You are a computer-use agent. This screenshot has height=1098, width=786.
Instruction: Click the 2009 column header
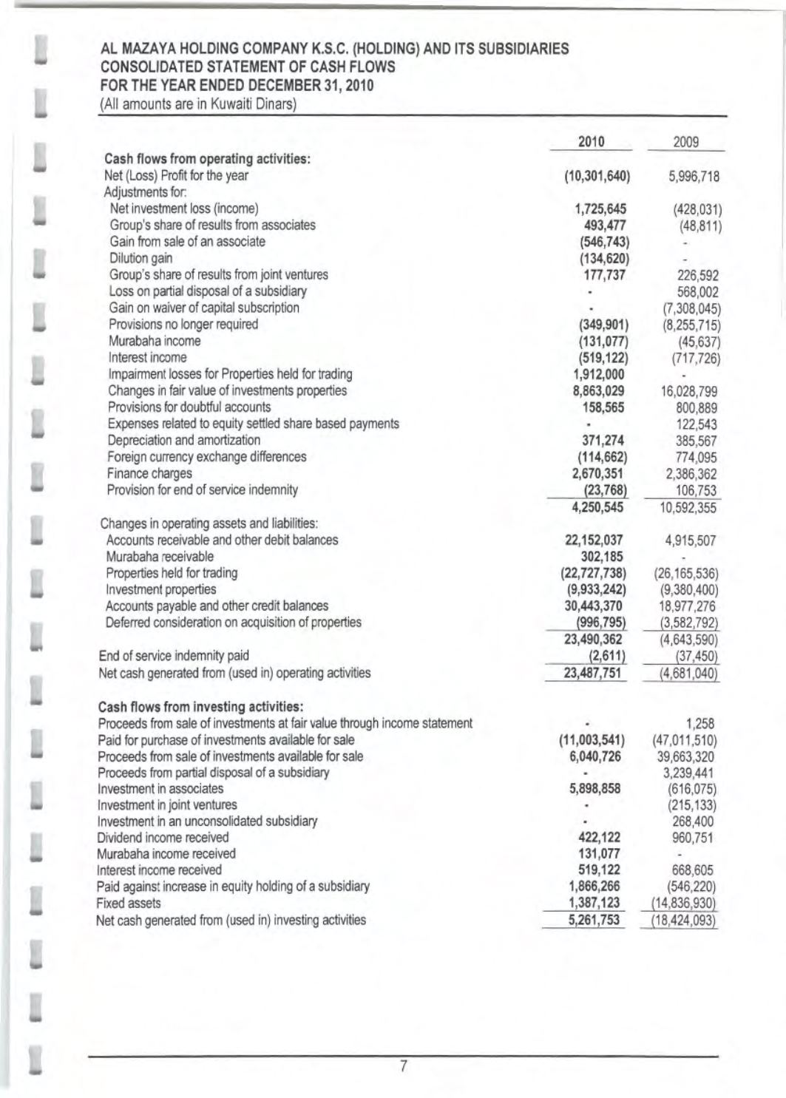point(686,142)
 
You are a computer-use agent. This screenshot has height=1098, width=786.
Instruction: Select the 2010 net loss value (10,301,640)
point(597,176)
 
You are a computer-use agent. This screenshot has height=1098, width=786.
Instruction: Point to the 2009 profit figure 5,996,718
point(691,177)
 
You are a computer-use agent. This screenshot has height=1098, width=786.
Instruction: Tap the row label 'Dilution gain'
point(141,258)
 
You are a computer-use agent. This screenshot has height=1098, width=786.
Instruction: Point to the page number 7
point(404,1065)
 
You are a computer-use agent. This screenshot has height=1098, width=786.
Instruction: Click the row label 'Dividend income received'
point(163,837)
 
